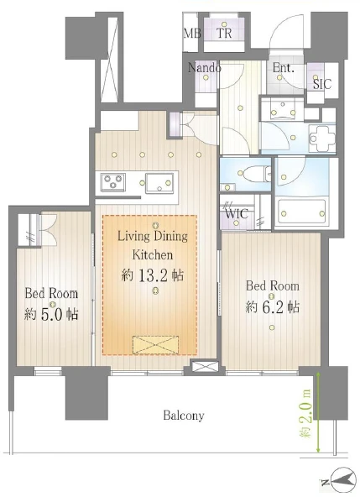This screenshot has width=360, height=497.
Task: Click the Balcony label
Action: point(184,416)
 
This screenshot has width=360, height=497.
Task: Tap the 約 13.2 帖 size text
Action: point(153,275)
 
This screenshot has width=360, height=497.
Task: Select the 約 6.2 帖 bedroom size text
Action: point(272,306)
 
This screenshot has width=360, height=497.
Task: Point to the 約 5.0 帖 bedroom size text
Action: point(51,314)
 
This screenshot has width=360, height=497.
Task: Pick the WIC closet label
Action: point(237,213)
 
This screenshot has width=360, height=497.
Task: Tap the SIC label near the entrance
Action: point(322,84)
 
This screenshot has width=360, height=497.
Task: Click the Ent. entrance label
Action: point(284,67)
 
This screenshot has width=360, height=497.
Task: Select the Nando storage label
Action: point(205,67)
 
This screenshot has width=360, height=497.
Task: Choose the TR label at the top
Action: point(224,33)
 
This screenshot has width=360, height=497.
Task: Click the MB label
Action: point(192,33)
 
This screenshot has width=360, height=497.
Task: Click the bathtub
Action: point(302,212)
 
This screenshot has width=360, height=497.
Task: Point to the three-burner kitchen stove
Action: point(112,182)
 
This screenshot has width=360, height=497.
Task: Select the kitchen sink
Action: point(159,182)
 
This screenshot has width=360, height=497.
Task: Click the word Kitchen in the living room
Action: point(153,254)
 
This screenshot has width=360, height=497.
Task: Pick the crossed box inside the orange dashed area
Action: point(155,345)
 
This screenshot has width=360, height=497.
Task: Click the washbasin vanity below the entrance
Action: point(282,110)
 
